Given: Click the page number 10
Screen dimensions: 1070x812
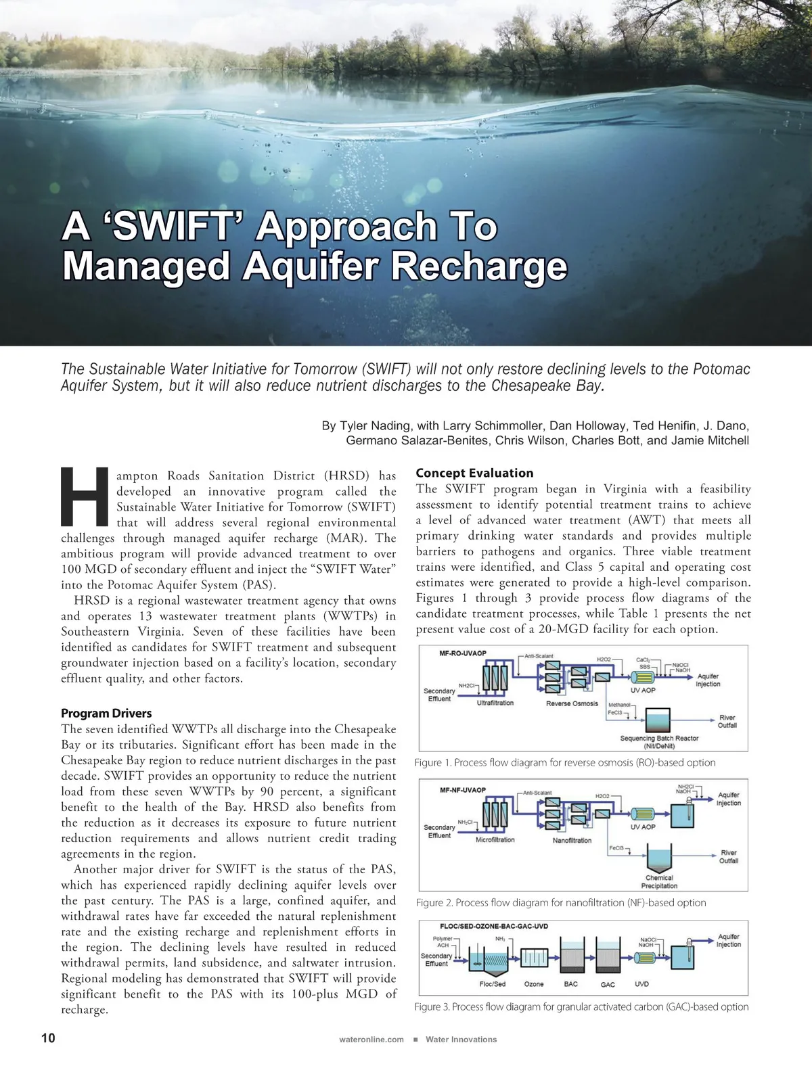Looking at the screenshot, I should click(x=48, y=1038).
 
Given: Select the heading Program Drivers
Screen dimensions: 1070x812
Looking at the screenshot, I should click(x=106, y=713).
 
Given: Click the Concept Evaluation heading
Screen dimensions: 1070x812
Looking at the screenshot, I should click(x=474, y=473).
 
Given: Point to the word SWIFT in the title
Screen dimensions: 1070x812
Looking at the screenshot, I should click(x=172, y=227).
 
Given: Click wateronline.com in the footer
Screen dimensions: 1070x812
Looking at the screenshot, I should click(x=371, y=1040).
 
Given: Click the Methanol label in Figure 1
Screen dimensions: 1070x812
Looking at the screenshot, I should click(x=618, y=705).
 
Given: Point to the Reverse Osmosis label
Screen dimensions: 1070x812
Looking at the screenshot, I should click(x=572, y=703).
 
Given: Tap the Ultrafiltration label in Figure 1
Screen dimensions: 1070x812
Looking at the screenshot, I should click(x=495, y=703).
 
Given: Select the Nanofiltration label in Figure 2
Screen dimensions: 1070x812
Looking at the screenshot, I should click(x=572, y=840).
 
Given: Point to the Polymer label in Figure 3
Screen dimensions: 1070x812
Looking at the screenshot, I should click(x=443, y=939).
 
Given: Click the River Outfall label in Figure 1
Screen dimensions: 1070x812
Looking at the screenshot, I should click(x=727, y=721).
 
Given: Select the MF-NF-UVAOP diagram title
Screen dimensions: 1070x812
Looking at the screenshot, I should click(x=463, y=790).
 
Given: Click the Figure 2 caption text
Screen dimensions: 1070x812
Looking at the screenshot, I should click(x=561, y=902).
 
